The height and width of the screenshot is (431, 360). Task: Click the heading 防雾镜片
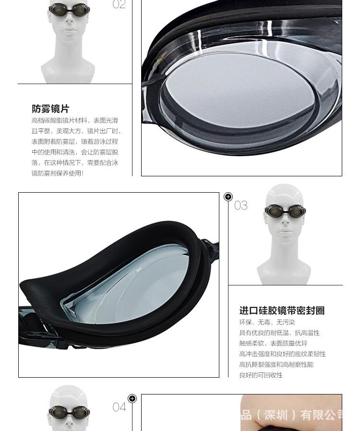click(50, 109)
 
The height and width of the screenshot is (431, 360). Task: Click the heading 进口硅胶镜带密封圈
click(282, 311)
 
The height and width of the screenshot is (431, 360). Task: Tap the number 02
click(119, 5)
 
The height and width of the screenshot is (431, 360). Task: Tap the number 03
click(241, 206)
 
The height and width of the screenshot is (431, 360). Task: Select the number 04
click(119, 407)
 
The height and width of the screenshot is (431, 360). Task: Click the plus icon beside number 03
click(228, 197)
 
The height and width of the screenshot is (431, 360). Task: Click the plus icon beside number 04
click(132, 398)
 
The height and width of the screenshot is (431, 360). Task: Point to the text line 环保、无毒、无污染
click(267, 322)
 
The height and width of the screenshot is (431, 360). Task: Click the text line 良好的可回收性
click(261, 375)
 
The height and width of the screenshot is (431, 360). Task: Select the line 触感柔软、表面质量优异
click(273, 344)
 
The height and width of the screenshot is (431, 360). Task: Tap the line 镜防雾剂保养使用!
click(58, 173)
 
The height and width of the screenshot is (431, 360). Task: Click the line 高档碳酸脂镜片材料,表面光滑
click(74, 121)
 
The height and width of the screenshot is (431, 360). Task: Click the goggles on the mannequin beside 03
click(285, 211)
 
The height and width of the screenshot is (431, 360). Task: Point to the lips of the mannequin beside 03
click(285, 232)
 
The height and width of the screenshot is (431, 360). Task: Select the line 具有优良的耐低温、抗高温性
click(279, 333)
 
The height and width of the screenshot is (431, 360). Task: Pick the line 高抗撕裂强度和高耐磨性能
click(276, 365)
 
